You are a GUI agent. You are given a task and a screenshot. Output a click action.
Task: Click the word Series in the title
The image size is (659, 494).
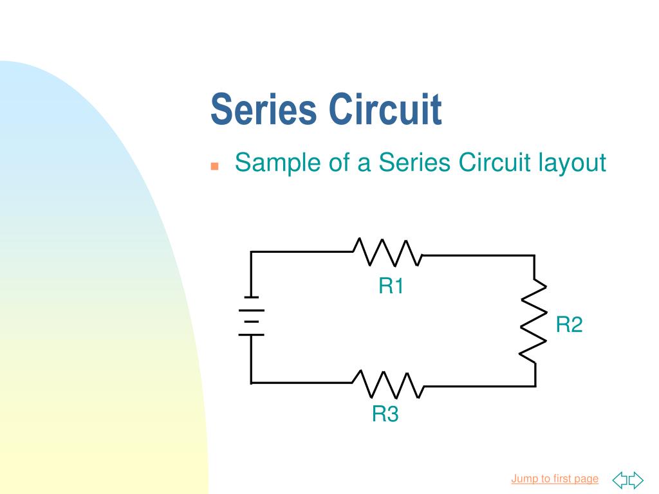(x=264, y=109)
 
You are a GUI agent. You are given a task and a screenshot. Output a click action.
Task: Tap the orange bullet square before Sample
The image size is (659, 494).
(x=215, y=166)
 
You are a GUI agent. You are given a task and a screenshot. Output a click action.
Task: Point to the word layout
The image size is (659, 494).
(x=572, y=163)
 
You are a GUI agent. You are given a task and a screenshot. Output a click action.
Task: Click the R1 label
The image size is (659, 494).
(x=391, y=286)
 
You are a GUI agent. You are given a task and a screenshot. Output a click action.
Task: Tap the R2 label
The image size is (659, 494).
(x=569, y=325)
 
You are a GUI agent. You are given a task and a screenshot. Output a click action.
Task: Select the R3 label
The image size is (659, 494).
(x=385, y=415)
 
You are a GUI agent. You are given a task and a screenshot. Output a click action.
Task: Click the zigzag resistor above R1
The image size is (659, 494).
(x=387, y=252)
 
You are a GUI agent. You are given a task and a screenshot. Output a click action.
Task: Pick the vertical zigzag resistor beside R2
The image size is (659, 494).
(x=534, y=320)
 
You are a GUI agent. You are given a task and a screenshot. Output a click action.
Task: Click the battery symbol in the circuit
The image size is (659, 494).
(x=251, y=316)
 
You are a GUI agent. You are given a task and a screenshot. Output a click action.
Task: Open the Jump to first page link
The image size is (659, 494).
(x=555, y=479)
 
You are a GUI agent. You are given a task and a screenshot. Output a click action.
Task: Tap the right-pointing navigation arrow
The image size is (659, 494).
(x=636, y=479)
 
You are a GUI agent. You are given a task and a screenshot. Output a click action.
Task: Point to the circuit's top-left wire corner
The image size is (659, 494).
(x=251, y=252)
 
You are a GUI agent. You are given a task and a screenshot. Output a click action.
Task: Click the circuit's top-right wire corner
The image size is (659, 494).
(x=534, y=255)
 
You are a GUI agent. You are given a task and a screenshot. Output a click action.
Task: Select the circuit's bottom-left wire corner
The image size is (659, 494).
(x=251, y=383)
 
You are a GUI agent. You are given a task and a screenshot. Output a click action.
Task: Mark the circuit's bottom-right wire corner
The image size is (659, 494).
(x=535, y=386)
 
